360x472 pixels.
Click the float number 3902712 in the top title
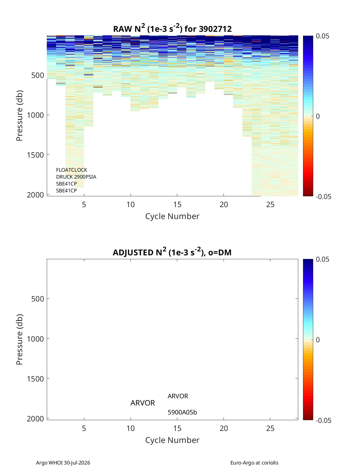click(215, 29)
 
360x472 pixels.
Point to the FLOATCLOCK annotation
click(71, 170)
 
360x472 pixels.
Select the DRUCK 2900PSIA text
click(76, 177)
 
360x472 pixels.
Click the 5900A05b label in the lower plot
click(182, 412)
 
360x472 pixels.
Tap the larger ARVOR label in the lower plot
click(143, 403)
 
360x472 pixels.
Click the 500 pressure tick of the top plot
click(38, 75)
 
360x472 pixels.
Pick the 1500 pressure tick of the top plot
click(35, 155)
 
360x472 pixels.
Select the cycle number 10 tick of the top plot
click(130, 204)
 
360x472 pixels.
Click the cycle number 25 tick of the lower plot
click(270, 428)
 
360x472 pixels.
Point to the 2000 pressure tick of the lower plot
click(35, 419)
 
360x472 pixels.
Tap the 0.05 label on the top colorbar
click(322, 36)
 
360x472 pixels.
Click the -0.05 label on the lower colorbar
click(324, 420)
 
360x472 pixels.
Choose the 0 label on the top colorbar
click(318, 116)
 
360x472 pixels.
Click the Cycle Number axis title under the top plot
click(172, 216)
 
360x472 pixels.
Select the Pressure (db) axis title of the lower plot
click(19, 339)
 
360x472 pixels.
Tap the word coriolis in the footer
click(270, 463)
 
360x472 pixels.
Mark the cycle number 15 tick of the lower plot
click(177, 428)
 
